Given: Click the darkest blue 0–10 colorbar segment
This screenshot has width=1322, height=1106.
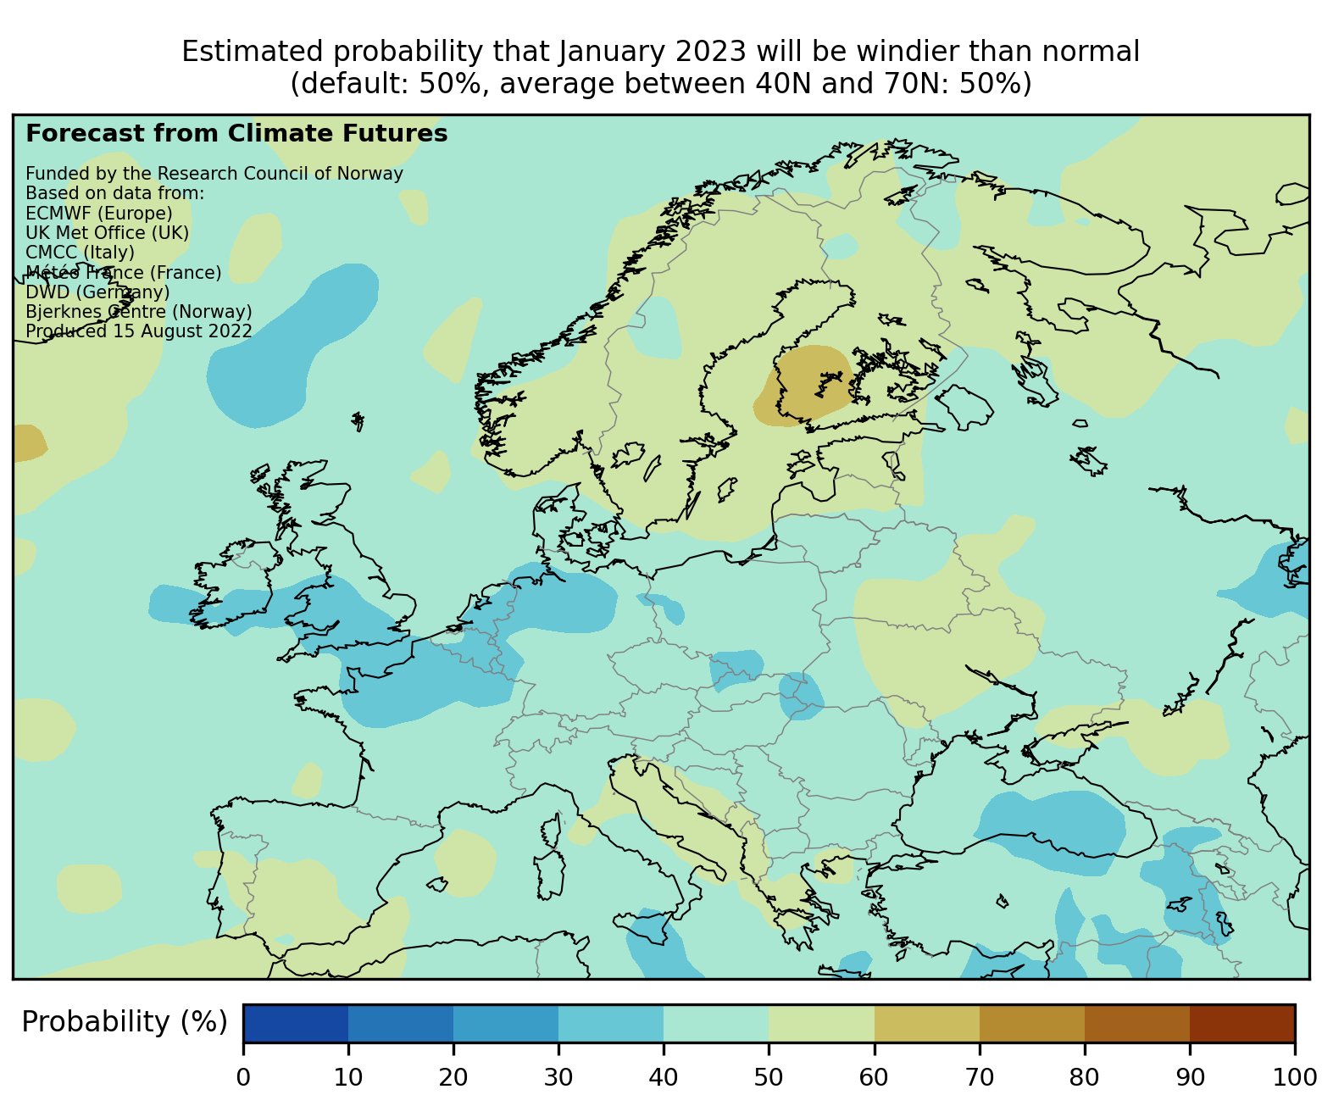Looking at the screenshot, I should coord(296,1023).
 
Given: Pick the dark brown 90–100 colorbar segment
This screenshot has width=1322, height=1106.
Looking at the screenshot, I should coord(1241,1023).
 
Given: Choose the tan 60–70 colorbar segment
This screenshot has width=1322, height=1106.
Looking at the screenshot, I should coord(926,1023).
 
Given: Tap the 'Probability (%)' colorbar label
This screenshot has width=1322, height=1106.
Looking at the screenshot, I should coord(125,1022).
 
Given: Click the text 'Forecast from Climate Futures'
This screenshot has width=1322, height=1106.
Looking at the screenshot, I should coord(236,134).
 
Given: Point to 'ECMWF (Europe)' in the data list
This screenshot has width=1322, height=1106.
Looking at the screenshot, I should coord(99,213).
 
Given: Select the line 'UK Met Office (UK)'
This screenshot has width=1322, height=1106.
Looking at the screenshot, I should coord(108,232).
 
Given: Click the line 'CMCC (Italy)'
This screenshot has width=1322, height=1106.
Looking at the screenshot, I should coord(81,252).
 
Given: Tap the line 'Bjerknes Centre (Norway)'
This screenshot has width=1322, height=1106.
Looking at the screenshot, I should coord(139,311).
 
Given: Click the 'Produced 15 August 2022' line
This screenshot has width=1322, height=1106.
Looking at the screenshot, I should coord(139,331).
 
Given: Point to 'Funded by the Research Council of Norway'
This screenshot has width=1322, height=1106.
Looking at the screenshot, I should coord(214,174).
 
